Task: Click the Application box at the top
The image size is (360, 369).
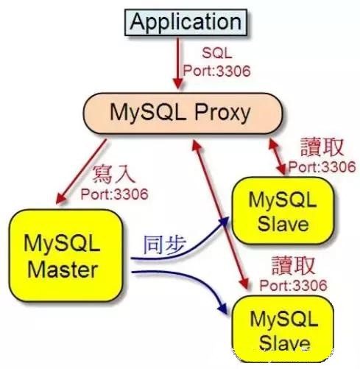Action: (x=186, y=22)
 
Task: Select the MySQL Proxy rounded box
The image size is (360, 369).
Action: (x=183, y=113)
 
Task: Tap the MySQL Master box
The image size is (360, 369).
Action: (x=66, y=256)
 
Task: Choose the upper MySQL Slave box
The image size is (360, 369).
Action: (x=283, y=211)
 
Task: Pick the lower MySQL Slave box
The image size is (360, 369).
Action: (x=283, y=329)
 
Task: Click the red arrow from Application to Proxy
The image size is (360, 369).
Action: (x=178, y=63)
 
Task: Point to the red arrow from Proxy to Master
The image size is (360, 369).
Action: (x=82, y=172)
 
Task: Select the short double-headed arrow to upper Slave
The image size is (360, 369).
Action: (x=278, y=157)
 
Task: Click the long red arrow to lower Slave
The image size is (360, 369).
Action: (x=220, y=215)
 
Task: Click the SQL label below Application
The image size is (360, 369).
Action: (x=217, y=53)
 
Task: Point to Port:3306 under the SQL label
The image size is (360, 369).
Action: (x=216, y=71)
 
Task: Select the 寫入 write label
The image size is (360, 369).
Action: (x=114, y=175)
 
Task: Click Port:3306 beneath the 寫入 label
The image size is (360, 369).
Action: (x=114, y=194)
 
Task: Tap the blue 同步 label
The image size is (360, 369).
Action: (x=165, y=245)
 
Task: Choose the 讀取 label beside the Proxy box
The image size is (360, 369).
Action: (x=322, y=147)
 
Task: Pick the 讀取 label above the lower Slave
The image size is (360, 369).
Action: (x=293, y=265)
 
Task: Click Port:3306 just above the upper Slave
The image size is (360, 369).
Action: (x=322, y=167)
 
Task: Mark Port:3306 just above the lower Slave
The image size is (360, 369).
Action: (x=294, y=286)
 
